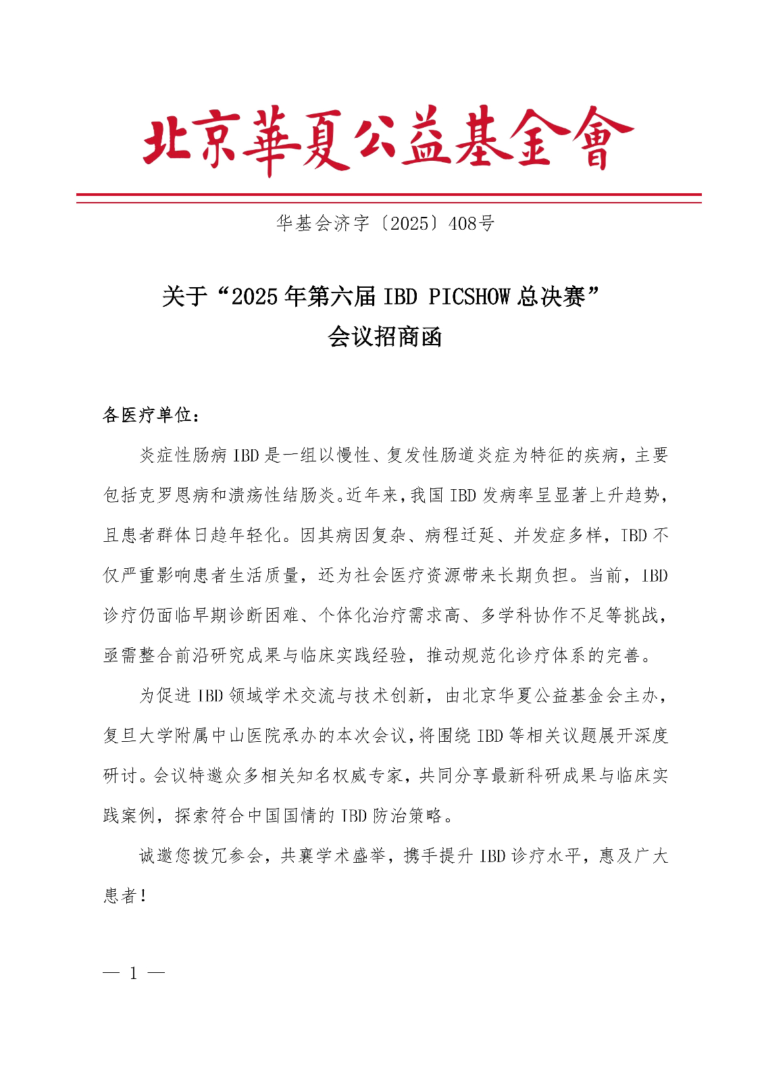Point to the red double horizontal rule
point(388,198)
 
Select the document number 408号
point(472,224)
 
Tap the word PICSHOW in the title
point(469,297)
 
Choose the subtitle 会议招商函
point(384,336)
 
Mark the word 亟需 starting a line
point(120,655)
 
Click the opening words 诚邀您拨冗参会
point(201,855)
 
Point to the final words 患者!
point(125,896)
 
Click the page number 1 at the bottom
point(134,974)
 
